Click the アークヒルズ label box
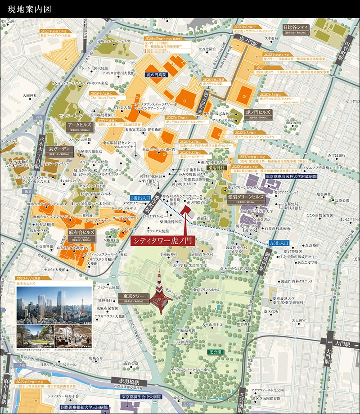tap(80, 125)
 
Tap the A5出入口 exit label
tap(279, 243)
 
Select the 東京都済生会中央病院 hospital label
tap(141, 397)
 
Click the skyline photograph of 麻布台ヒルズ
tap(54, 306)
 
